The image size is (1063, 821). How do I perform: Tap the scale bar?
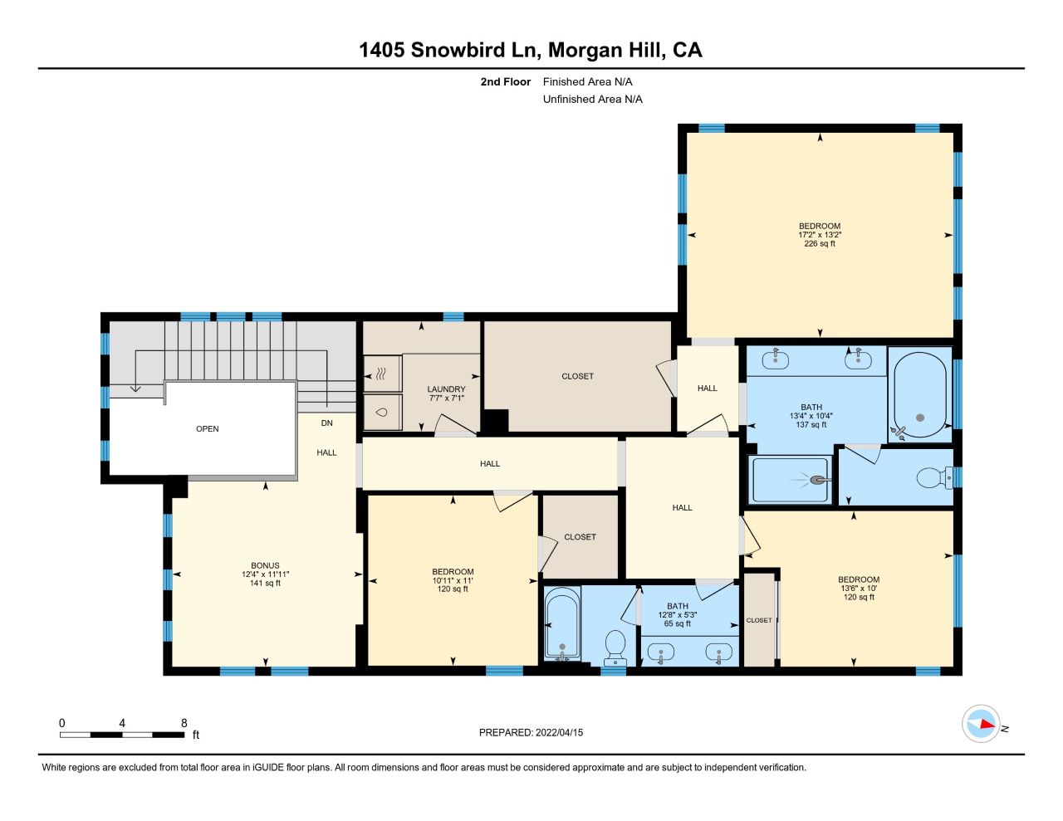[x=122, y=735]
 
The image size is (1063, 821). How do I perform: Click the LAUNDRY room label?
[x=446, y=389]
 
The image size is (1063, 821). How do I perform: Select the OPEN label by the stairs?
[x=208, y=429]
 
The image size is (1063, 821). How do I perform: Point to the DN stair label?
[x=326, y=423]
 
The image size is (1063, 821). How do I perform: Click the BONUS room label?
[x=265, y=565]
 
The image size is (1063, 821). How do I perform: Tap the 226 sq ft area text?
[x=820, y=243]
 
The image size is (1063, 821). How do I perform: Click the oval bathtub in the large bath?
[x=919, y=395]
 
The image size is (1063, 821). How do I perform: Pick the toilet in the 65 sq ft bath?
[x=615, y=648]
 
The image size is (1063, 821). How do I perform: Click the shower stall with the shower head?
[x=790, y=480]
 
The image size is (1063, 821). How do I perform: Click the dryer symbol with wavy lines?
[x=383, y=374]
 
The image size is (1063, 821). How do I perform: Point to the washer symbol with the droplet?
[x=383, y=413]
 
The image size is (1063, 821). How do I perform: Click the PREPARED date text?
[x=531, y=732]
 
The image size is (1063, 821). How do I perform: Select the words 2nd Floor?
[x=505, y=81]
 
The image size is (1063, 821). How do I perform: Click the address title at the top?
[x=531, y=50]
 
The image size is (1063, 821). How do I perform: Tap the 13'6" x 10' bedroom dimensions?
[x=859, y=589]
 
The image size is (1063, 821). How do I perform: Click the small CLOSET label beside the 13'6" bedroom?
[x=759, y=620]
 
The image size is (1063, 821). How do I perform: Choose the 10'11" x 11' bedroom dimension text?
[x=453, y=580]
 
